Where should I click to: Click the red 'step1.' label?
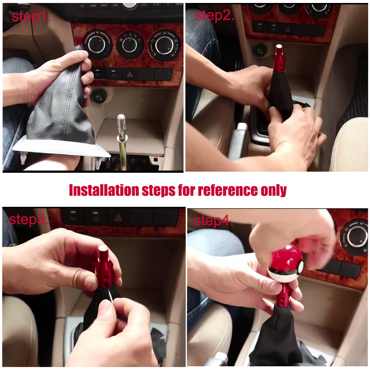(31, 16)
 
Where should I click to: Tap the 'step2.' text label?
(214, 15)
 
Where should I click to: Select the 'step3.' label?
(29, 219)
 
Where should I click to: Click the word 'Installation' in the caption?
(104, 190)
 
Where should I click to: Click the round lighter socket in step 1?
(99, 96)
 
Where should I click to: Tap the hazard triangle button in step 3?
(118, 217)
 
